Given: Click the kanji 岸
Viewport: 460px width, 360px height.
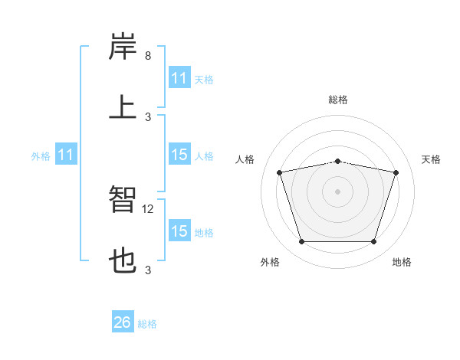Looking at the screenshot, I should point(123,47).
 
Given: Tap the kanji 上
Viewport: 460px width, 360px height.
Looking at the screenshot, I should point(123,106).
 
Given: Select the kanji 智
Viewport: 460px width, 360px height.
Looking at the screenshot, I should point(123,201).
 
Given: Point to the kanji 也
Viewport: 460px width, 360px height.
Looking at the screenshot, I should point(123,260).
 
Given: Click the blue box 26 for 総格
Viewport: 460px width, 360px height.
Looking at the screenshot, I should point(123,322).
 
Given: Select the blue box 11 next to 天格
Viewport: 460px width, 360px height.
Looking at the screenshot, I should point(179,78).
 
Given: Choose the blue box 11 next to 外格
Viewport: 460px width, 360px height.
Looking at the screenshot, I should point(66,155).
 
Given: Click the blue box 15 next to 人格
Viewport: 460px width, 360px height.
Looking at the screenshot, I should point(179,155).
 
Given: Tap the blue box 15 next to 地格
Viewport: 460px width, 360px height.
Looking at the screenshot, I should point(179,231).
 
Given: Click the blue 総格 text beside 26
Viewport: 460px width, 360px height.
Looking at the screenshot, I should point(147,324).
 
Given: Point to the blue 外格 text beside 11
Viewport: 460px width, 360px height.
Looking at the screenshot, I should point(41,156).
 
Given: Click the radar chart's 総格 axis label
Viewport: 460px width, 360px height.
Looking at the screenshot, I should point(338,100).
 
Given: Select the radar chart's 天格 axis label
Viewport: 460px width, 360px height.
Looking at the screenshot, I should point(432,159).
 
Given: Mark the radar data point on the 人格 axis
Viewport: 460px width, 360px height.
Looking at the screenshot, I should point(281,172).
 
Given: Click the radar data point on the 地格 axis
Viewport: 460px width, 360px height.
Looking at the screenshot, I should point(373,242).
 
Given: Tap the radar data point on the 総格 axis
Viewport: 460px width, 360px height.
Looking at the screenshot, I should point(338,161).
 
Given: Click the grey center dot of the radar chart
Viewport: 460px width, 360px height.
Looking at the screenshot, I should point(338,191).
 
